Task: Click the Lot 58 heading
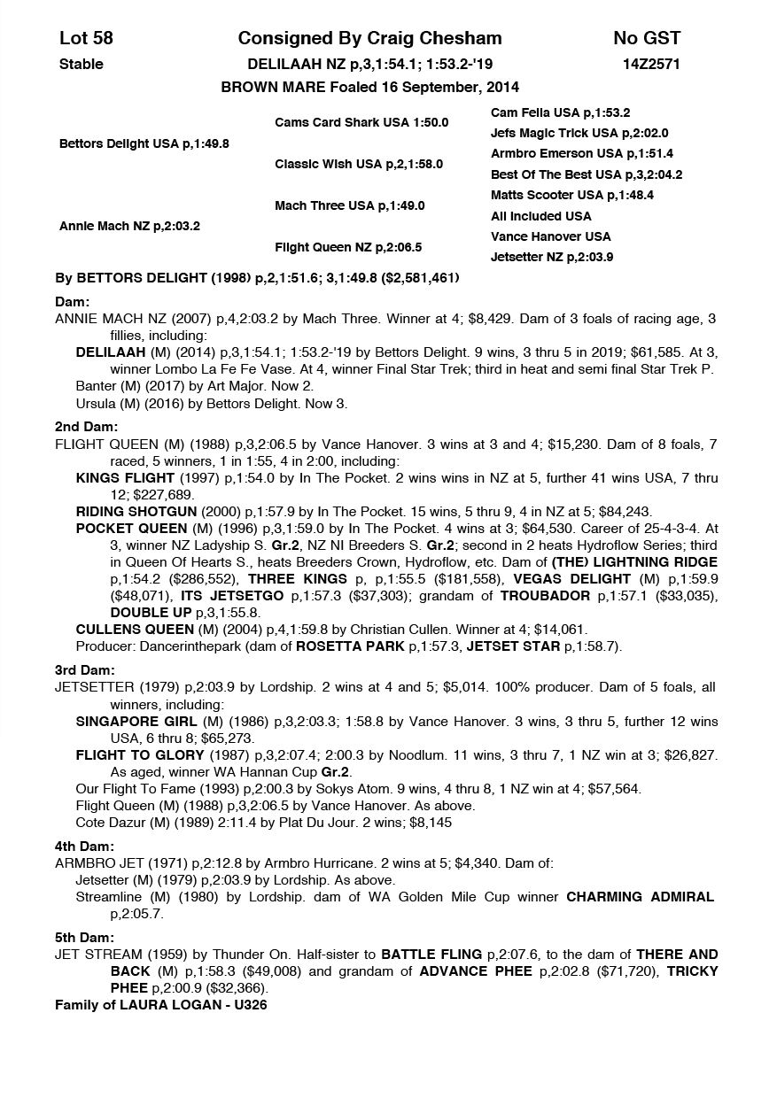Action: click(86, 38)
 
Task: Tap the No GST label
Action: click(646, 38)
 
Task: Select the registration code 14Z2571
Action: click(652, 64)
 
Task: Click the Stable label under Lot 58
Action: click(81, 64)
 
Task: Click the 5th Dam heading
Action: click(84, 937)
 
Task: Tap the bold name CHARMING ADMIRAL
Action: click(640, 896)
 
